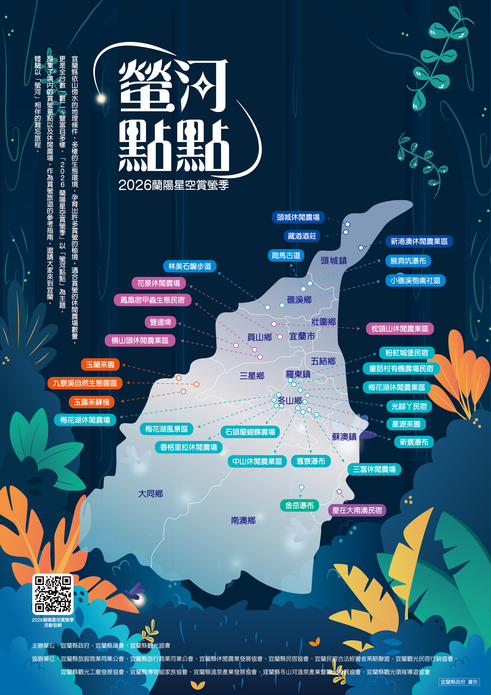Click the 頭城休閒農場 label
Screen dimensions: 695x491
(x=298, y=217)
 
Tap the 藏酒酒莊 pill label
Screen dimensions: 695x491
(x=302, y=236)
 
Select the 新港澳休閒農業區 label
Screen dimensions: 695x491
(x=419, y=241)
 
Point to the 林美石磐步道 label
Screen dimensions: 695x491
(x=190, y=266)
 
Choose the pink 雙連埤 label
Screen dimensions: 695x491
(x=161, y=322)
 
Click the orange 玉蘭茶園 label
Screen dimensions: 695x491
(x=100, y=365)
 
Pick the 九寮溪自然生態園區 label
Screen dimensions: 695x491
(x=85, y=383)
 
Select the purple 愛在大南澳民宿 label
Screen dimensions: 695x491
(x=357, y=510)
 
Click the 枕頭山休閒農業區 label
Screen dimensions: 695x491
(x=400, y=329)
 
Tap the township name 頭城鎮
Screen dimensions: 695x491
(x=334, y=261)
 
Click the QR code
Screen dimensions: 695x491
(x=53, y=594)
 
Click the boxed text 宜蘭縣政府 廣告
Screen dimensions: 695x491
(x=459, y=682)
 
